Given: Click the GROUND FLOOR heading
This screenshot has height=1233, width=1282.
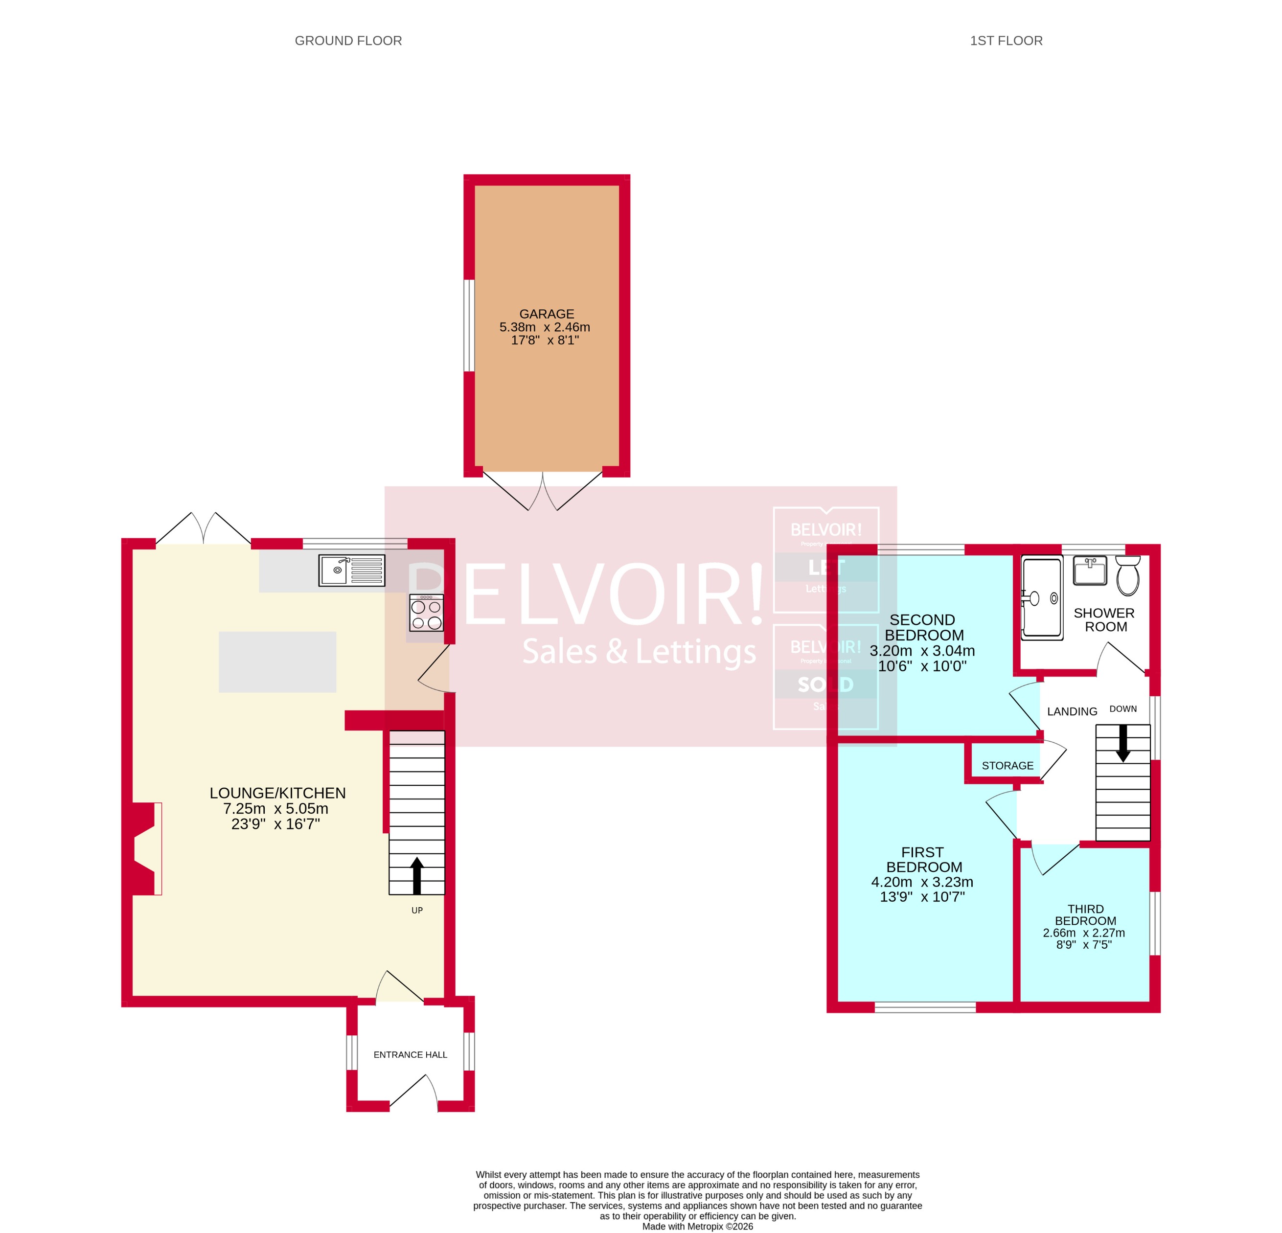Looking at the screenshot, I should click(x=348, y=41).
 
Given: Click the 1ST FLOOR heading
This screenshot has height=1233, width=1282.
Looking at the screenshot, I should click(x=1006, y=41).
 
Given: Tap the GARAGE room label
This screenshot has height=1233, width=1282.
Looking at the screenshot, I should click(x=546, y=314).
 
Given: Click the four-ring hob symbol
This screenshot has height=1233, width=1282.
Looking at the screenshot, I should click(x=426, y=614).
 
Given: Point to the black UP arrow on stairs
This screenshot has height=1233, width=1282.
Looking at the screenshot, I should click(x=417, y=875).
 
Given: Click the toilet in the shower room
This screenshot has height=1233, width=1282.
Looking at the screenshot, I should click(x=1128, y=575).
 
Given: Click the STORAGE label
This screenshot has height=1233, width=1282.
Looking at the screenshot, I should click(x=1007, y=765).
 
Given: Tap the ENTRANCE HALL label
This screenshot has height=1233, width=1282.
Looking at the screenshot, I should click(x=410, y=1054).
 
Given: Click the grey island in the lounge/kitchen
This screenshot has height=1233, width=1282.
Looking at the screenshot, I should click(x=277, y=662).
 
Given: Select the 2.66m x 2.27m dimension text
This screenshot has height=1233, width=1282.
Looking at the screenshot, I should click(x=1083, y=933).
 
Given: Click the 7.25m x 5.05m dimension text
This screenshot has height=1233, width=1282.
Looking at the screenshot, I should click(x=275, y=808).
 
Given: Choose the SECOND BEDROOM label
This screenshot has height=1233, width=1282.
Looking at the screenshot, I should click(x=923, y=627).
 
